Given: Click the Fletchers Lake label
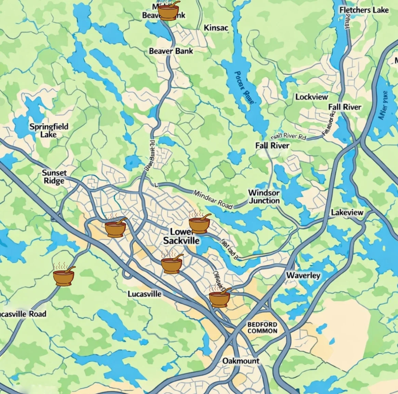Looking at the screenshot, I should point(364,10).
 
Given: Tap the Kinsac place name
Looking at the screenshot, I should point(216,28).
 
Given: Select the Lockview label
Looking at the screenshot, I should point(311,97).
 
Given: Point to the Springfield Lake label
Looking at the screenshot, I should point(49,130).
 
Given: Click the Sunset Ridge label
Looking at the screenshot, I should point(54,177).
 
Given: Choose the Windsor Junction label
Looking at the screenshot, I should point(264,197).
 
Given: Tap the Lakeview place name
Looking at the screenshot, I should point(347,213).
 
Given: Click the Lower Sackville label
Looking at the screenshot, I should point(181,236).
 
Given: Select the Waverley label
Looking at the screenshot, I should point(303,276).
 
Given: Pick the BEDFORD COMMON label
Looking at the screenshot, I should point(262,328).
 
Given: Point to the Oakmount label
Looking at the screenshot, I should point(241,361).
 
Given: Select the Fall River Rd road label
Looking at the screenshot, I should point(288,137).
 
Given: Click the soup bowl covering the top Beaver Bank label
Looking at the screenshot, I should point(168,12).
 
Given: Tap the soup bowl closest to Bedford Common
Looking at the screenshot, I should point(219,298).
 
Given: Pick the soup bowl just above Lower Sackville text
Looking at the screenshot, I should point(199,225).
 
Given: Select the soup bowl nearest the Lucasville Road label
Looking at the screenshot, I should point(64,277).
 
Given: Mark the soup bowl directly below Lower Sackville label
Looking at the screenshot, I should point(171,264).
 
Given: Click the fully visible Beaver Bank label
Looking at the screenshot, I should point(171,51).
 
